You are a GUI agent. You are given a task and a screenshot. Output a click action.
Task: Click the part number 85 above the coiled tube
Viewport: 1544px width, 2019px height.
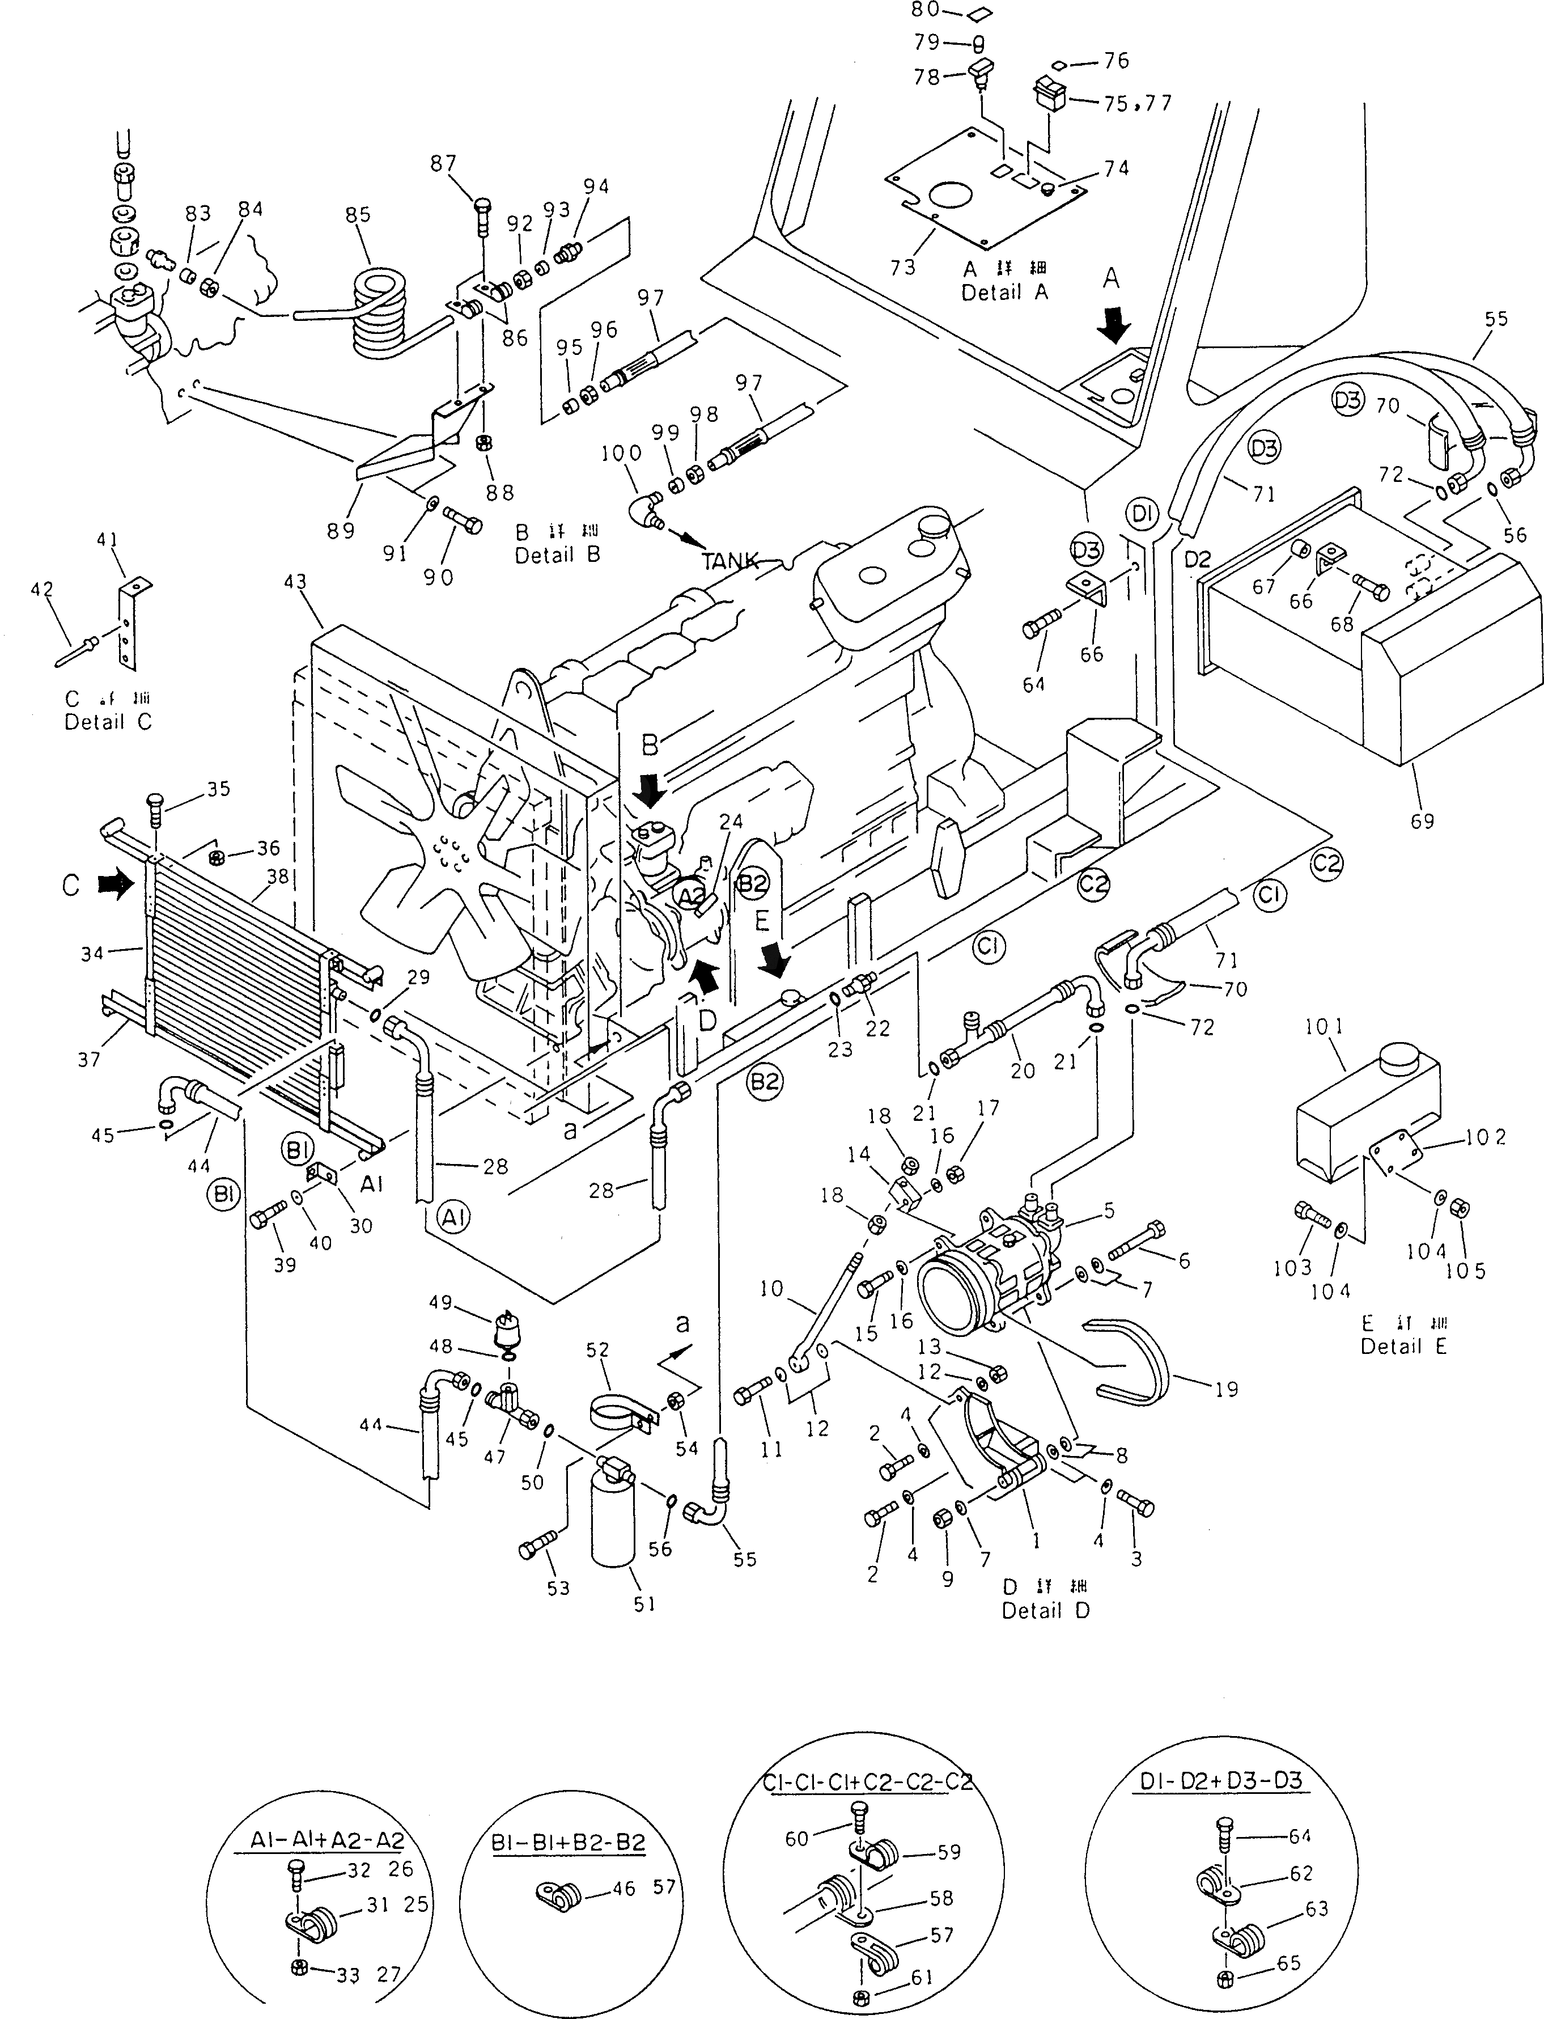coord(358,214)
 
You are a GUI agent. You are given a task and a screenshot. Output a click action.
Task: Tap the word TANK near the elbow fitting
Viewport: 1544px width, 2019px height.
coord(731,560)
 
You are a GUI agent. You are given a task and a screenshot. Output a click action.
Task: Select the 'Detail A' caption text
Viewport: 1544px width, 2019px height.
coord(1004,293)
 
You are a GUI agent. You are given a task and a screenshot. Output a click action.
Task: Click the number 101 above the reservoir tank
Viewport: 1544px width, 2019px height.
coord(1324,1027)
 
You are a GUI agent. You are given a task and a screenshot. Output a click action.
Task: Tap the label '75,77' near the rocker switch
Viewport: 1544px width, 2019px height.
coord(1138,103)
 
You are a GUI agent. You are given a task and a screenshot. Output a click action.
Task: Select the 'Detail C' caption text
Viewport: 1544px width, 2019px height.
coord(108,722)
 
